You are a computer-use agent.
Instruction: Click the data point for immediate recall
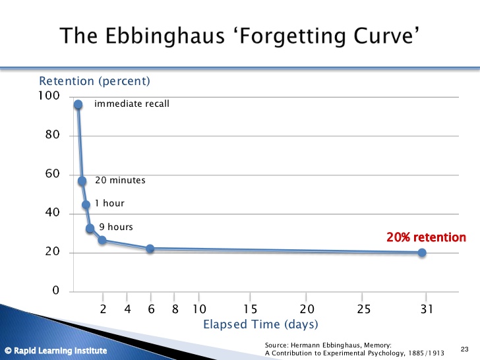(x=78, y=105)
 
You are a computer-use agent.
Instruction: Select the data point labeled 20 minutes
(x=82, y=181)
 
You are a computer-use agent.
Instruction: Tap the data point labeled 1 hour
(x=86, y=204)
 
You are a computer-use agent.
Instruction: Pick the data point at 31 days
(x=422, y=253)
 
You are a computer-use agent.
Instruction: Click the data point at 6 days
(x=150, y=249)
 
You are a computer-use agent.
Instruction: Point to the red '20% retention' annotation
(x=426, y=237)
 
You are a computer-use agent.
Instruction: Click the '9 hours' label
(x=116, y=227)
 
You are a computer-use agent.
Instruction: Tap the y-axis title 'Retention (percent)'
(x=95, y=81)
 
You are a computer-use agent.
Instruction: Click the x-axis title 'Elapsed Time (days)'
(x=260, y=324)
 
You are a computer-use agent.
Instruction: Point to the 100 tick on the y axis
(x=49, y=96)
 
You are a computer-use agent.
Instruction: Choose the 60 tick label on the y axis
(x=52, y=174)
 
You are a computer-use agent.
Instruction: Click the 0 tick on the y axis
(x=55, y=291)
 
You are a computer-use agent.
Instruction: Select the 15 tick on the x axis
(x=250, y=309)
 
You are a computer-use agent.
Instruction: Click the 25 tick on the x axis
(x=364, y=309)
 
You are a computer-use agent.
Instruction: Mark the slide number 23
(x=464, y=349)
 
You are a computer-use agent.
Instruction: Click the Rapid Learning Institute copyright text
(x=55, y=350)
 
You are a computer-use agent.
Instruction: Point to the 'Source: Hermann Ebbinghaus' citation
(x=328, y=345)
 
